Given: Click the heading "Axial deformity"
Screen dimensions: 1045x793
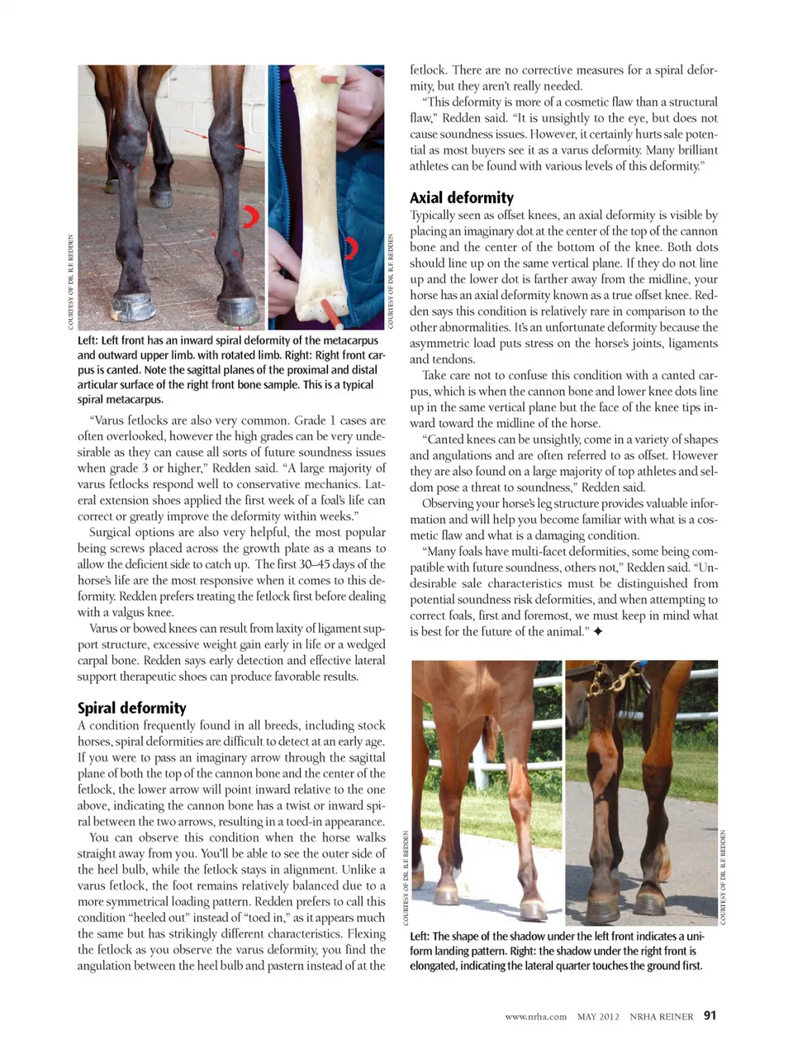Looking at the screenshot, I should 461,197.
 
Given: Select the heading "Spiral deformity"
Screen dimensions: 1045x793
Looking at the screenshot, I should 131,708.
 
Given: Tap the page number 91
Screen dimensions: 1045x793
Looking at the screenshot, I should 710,1015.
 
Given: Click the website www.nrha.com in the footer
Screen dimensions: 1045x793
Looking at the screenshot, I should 535,1017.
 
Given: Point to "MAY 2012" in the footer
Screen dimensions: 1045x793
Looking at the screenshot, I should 598,1017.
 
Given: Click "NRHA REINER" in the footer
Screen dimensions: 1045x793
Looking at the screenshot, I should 661,1017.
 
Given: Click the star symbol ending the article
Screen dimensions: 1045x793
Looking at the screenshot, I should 598,632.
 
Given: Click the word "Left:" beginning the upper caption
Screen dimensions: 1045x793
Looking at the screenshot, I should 88,340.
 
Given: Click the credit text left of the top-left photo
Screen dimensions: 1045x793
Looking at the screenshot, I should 71,281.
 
